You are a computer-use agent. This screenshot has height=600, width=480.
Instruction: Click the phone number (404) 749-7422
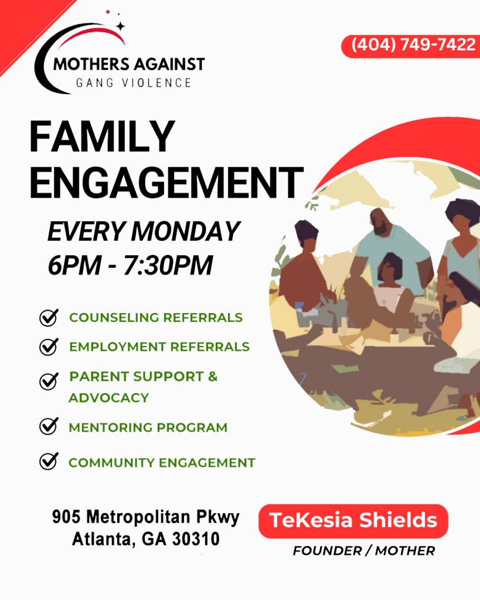(413, 45)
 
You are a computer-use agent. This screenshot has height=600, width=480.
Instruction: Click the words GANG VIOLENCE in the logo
(134, 83)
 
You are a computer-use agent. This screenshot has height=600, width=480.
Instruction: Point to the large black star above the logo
(121, 26)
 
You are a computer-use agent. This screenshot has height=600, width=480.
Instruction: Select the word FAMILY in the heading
(102, 137)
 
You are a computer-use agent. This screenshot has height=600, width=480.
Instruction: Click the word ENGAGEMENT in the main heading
(166, 182)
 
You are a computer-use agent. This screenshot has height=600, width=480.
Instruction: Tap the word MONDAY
(186, 232)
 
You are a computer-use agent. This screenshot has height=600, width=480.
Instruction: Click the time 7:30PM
(168, 265)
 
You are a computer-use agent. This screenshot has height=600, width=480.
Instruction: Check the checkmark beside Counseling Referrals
(49, 318)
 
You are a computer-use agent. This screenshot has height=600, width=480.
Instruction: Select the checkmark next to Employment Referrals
(49, 347)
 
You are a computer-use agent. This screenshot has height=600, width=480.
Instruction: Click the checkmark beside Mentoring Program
(49, 426)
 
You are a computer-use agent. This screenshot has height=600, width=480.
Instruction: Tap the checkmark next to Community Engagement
(49, 462)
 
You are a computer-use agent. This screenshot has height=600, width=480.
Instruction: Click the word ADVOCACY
(109, 398)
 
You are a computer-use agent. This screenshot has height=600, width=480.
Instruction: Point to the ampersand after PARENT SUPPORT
(213, 377)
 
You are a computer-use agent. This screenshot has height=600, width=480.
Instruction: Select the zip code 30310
(196, 539)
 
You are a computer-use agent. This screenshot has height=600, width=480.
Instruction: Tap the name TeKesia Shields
(353, 520)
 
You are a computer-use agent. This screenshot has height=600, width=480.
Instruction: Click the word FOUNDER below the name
(327, 551)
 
